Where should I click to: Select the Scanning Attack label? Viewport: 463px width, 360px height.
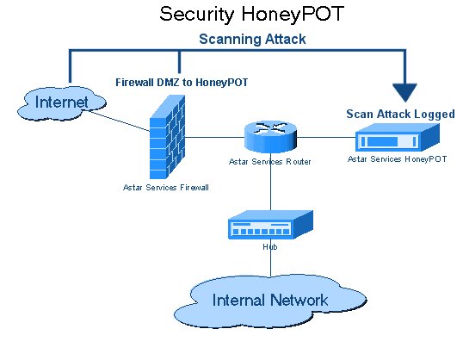coord(252,39)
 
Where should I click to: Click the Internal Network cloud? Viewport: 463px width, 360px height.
coord(270,300)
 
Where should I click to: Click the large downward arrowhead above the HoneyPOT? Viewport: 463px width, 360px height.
coord(403,91)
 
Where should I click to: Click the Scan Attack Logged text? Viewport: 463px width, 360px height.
coord(400,114)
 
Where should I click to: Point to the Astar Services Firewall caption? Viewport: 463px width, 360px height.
coord(165,186)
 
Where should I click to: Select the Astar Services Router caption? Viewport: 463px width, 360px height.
coord(269,161)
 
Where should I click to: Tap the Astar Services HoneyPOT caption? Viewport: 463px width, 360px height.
coord(397,159)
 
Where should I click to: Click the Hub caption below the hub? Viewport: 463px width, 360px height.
coord(269,246)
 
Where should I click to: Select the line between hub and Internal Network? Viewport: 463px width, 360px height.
coord(270,265)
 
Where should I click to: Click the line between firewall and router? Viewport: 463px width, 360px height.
coord(215,136)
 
